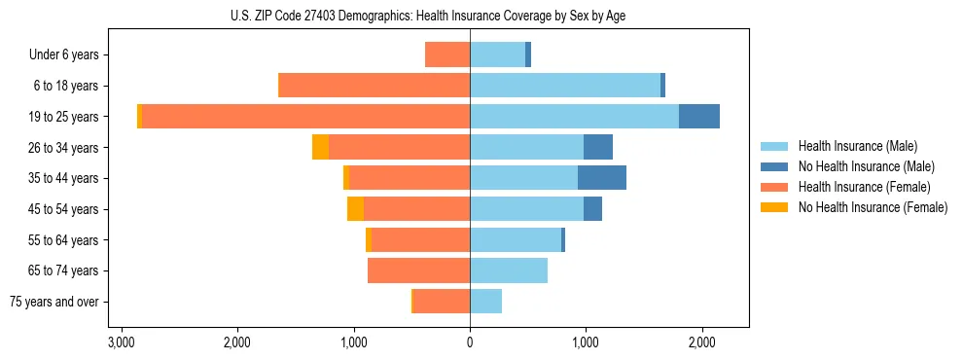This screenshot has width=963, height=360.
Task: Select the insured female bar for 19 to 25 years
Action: point(305,117)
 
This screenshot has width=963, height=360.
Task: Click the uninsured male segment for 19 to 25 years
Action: point(698,117)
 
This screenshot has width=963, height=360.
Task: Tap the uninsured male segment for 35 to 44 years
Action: point(601,178)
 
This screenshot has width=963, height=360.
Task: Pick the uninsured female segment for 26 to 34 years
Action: point(320,147)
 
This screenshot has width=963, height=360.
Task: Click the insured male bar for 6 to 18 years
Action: point(564,86)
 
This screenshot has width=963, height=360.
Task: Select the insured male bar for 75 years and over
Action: point(485,302)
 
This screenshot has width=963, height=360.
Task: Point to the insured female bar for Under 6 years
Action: point(447,54)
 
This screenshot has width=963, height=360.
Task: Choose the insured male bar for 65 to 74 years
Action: point(509,270)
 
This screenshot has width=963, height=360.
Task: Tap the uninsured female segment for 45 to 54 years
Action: point(355,209)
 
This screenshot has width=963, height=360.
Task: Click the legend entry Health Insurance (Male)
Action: point(857,146)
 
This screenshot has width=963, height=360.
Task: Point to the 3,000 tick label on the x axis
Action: point(122,342)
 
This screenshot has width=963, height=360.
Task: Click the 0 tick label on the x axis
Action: point(470,342)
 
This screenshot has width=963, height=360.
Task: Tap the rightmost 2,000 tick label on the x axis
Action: point(701,342)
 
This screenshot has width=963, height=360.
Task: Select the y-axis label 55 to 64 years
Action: point(63,240)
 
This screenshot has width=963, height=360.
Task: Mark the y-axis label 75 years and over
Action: point(54,302)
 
